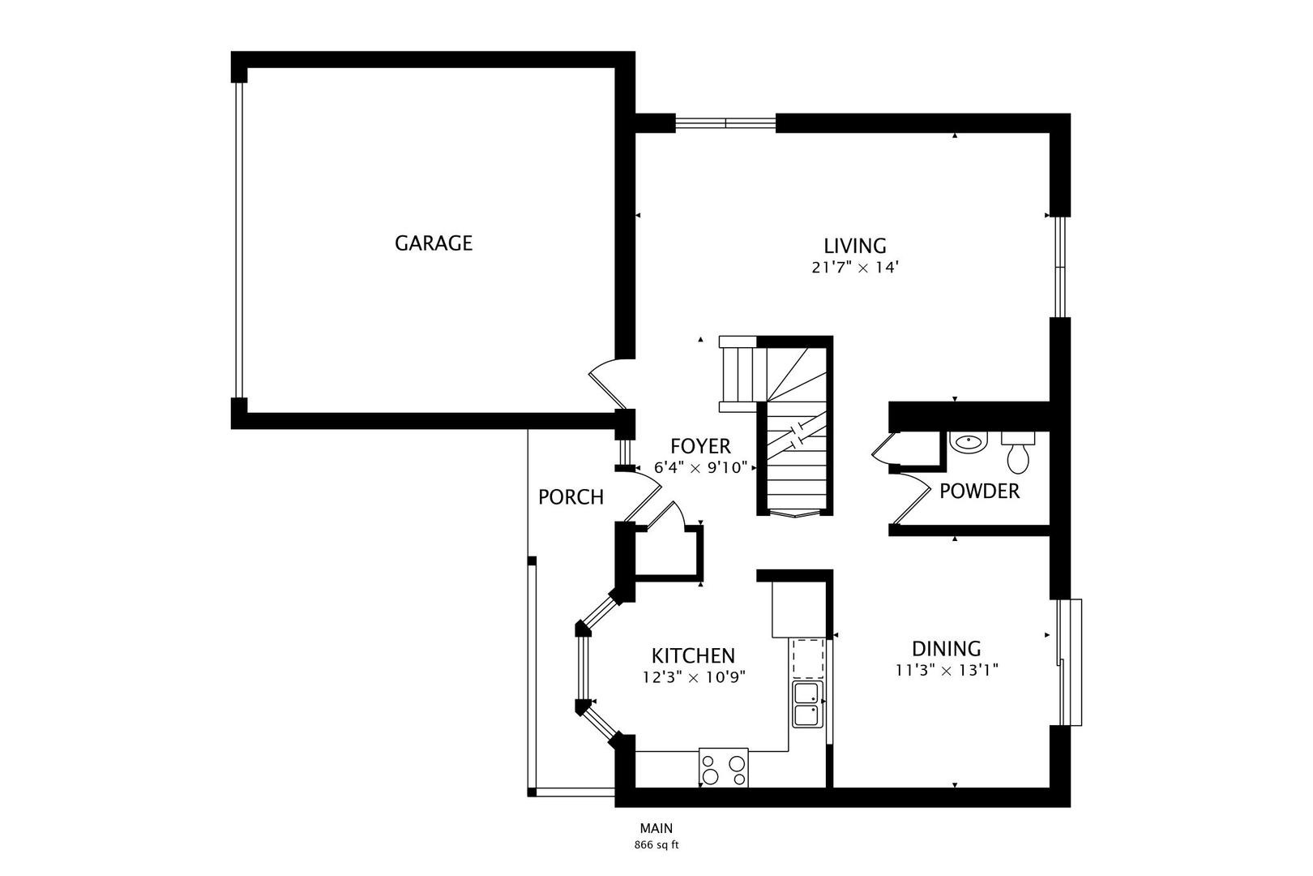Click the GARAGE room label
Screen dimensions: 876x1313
[433, 243]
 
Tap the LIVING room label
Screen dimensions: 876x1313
[855, 245]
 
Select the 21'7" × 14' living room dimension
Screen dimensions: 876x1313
[855, 268]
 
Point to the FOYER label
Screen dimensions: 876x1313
[700, 446]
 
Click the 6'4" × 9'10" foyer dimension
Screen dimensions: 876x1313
[700, 468]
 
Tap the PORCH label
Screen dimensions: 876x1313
[571, 497]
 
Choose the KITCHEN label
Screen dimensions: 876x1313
[693, 655]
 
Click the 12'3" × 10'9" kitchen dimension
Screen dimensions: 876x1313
[693, 676]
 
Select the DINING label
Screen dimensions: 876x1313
[946, 649]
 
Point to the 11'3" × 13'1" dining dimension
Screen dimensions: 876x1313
[946, 671]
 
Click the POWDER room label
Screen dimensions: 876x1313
[979, 492]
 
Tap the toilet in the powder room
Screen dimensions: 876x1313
[1018, 453]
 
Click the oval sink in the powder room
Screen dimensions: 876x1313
[969, 444]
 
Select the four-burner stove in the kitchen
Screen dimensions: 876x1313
[723, 767]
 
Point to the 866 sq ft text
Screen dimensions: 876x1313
[656, 845]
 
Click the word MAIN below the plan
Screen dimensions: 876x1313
[656, 829]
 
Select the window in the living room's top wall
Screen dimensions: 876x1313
[725, 123]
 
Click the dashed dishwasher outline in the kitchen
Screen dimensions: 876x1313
[808, 658]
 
